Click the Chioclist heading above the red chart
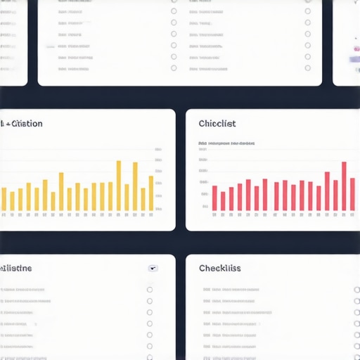pos(217,124)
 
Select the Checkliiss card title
pos(219,268)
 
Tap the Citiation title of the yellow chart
pos(22,124)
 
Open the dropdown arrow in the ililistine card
pos(153,268)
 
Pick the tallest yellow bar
pos(118,186)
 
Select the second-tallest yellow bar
pos(135,187)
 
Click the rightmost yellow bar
pos(151,193)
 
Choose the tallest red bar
pos(344,186)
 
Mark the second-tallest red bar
pos(327,191)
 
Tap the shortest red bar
pos(223,201)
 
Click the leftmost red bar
pos(214,198)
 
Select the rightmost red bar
pos(353,195)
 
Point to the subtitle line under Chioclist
pos(226,143)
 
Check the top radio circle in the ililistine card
pos(150,290)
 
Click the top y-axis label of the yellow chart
pos(159,150)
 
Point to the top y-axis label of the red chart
pos(203,150)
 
